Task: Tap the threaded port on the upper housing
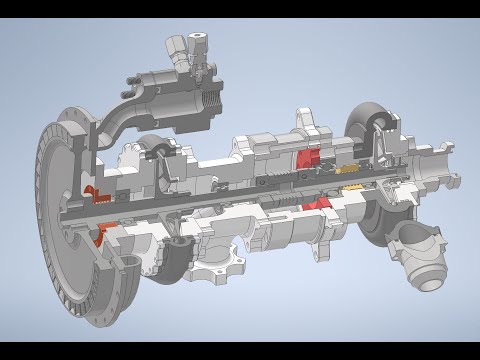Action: pos(218,99)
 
